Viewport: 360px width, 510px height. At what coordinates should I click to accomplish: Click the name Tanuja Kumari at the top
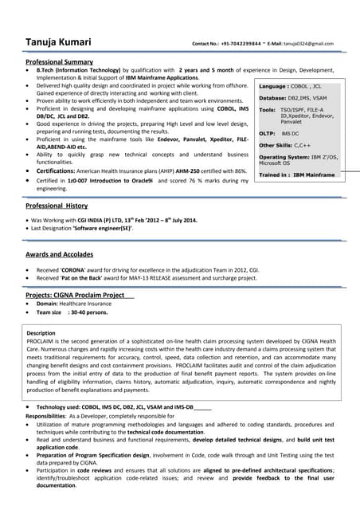[x=58, y=42]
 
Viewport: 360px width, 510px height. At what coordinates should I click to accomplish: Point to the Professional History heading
[x=57, y=206]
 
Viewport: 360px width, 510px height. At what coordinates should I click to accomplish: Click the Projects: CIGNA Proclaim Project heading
[x=76, y=295]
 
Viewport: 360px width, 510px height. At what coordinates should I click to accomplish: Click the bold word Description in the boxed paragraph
[x=41, y=332]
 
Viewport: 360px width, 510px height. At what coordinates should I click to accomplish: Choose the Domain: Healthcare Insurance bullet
[x=79, y=304]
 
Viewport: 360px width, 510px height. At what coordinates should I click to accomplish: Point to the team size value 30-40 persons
[x=88, y=312]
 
